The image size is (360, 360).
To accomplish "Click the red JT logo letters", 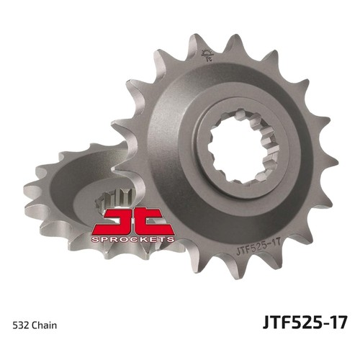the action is [132, 222].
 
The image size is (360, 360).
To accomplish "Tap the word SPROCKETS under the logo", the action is [132, 239].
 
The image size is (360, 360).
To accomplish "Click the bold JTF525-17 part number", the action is [305, 322].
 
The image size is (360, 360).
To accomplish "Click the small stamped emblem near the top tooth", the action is [207, 55].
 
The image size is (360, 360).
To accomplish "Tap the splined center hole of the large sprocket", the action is [243, 145].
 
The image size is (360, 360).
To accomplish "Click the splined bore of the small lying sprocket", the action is [114, 200].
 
